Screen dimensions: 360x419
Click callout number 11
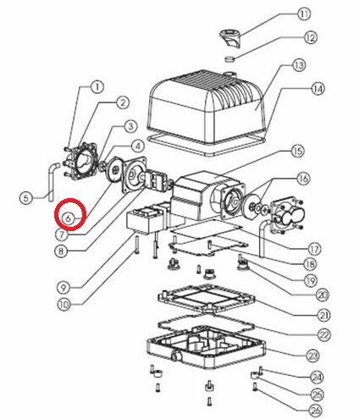click(x=304, y=14)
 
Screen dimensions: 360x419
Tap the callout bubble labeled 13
click(x=299, y=65)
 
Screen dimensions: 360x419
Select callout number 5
click(x=26, y=198)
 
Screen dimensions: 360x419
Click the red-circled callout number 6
click(x=69, y=218)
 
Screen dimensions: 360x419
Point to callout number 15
click(x=297, y=152)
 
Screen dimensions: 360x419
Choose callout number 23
click(x=313, y=356)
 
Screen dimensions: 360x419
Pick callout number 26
click(x=316, y=411)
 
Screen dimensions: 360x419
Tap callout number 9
click(x=64, y=288)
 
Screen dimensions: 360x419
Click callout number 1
click(x=97, y=87)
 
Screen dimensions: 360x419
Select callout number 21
click(x=324, y=315)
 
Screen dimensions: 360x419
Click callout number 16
click(x=303, y=179)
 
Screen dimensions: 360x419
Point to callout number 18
click(x=310, y=264)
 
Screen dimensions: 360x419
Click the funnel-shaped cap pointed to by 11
click(x=231, y=38)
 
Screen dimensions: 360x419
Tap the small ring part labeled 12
click(x=230, y=59)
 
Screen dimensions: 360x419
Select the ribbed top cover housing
click(x=208, y=108)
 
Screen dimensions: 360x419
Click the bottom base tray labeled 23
click(x=206, y=347)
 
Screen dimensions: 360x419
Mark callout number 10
click(x=64, y=305)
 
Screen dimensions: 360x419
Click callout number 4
click(x=138, y=146)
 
